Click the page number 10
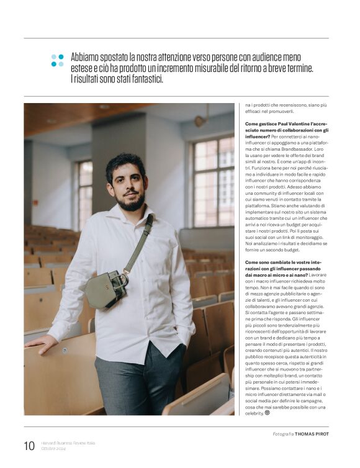[x=29, y=446]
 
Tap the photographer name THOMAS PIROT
[x=312, y=433]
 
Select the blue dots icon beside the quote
[x=57, y=60]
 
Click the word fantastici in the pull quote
[x=143, y=79]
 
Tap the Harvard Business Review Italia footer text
[x=69, y=442]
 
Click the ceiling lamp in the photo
[x=200, y=120]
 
